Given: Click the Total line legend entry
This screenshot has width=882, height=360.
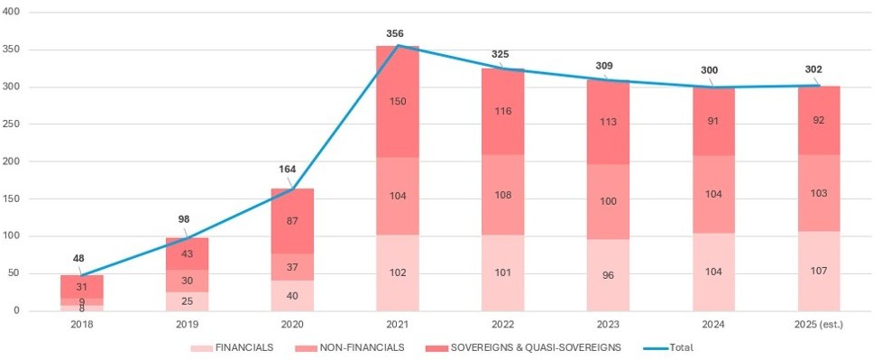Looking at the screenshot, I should tap(673, 347).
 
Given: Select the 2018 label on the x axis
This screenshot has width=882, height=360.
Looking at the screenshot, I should tap(81, 322).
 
